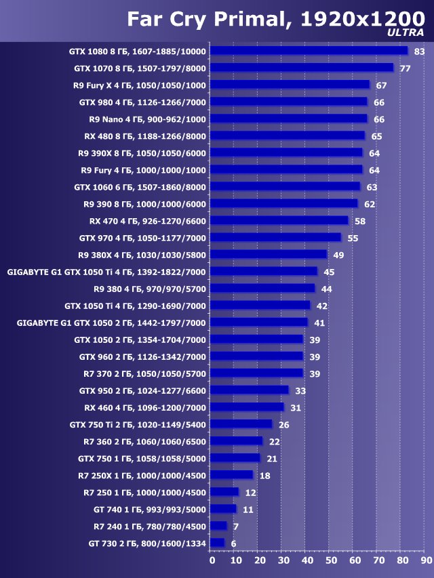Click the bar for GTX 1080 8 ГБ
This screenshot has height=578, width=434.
pos(309,51)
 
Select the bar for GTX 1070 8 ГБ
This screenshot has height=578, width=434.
pos(301,68)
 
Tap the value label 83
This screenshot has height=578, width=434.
pos(419,51)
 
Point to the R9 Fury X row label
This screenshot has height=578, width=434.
pos(140,85)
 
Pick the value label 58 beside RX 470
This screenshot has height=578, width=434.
pos(360,221)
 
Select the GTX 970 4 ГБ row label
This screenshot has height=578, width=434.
pos(142,238)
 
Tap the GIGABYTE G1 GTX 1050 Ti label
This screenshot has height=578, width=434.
pos(106,272)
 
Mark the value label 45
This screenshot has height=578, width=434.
pos(329,272)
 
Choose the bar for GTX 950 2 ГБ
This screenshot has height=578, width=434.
pos(249,390)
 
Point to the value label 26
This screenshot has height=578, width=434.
pos(283,424)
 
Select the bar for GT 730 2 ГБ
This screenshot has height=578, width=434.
pos(217,542)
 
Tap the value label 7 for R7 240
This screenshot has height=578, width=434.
pos(235,526)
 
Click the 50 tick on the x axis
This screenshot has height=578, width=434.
pos(330,560)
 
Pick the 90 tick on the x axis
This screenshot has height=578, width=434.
pos(425,560)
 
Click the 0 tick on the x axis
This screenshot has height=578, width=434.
pos(212,560)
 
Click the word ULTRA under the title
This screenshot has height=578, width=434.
pos(406,32)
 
